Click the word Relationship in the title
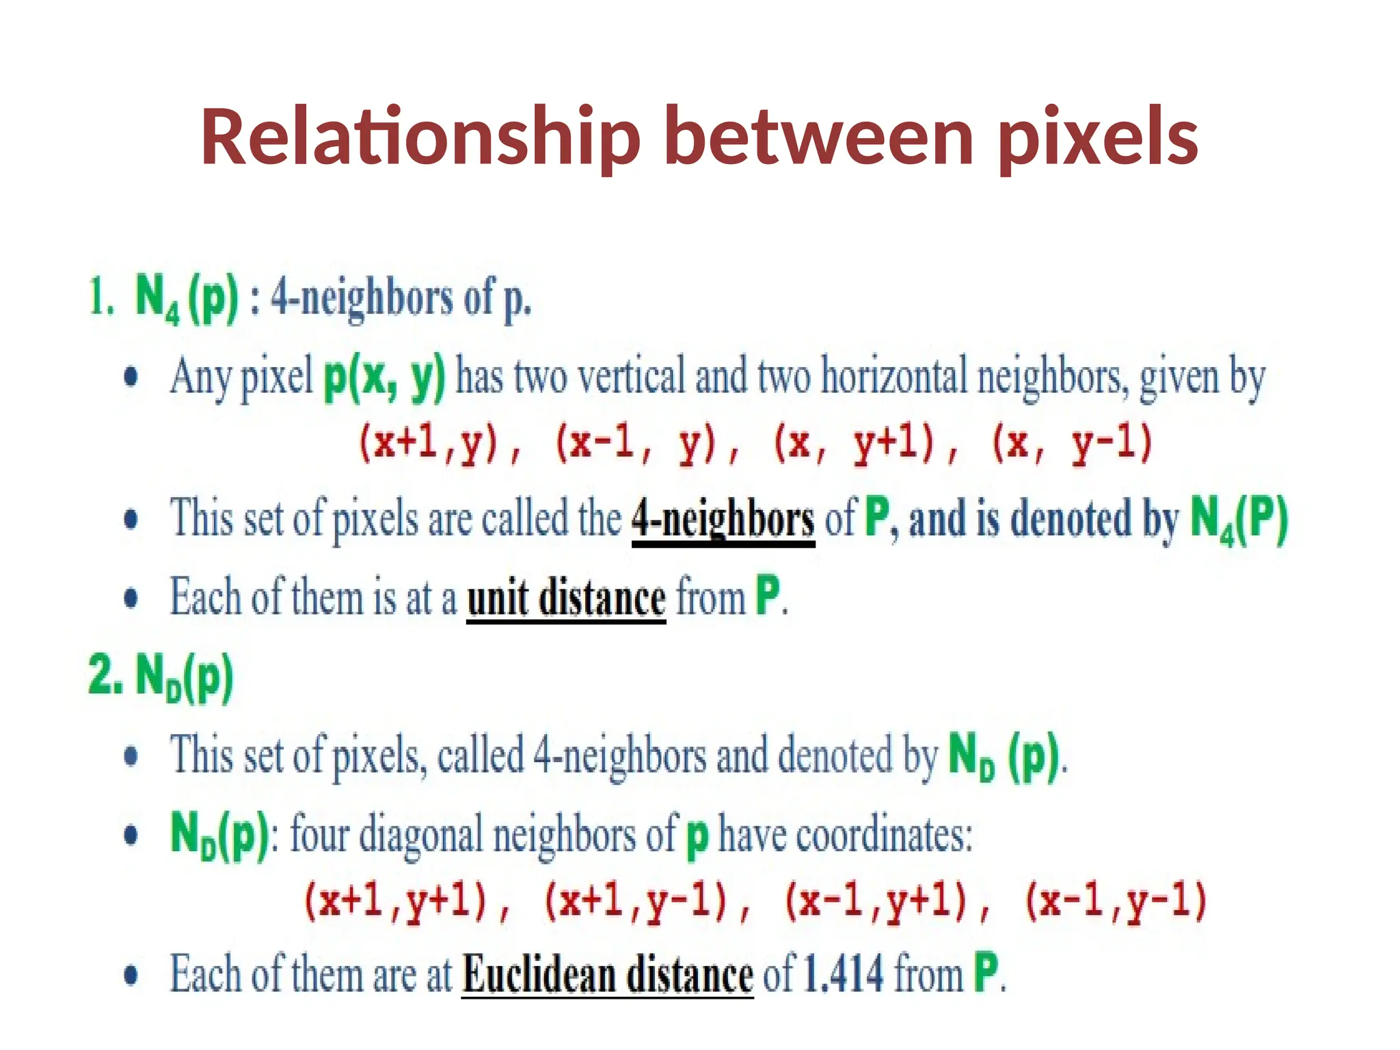(x=420, y=139)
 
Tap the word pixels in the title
(x=1096, y=139)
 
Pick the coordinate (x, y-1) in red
(x=1071, y=443)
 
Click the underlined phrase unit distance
(x=566, y=598)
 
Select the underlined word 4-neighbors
(x=723, y=520)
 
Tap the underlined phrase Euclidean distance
(x=607, y=973)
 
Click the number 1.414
(x=843, y=973)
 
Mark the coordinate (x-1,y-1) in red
(x=1116, y=901)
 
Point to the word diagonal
(x=421, y=835)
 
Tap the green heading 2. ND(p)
(x=161, y=677)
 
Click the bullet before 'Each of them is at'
(x=131, y=599)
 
